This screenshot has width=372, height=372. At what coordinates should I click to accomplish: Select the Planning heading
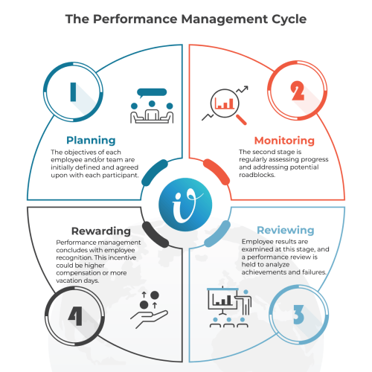(91, 141)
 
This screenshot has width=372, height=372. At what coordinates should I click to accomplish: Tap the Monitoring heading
(284, 141)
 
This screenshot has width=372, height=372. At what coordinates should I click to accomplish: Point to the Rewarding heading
(101, 231)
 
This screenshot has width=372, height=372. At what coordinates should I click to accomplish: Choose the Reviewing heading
(286, 231)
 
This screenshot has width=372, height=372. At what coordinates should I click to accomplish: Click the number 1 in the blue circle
(73, 92)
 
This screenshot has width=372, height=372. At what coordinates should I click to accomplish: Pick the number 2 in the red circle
(298, 91)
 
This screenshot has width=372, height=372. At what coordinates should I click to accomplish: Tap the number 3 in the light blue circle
(299, 315)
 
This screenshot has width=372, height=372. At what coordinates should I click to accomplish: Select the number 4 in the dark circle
(75, 316)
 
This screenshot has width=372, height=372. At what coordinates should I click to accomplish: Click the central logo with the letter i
(185, 205)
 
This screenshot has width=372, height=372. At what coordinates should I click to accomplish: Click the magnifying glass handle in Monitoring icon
(241, 120)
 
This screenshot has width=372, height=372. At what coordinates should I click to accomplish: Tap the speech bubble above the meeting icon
(152, 92)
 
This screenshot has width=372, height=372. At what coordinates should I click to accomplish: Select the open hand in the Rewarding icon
(149, 318)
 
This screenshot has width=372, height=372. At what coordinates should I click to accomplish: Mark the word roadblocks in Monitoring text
(257, 175)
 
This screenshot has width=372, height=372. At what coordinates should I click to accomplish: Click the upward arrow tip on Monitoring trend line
(247, 87)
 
